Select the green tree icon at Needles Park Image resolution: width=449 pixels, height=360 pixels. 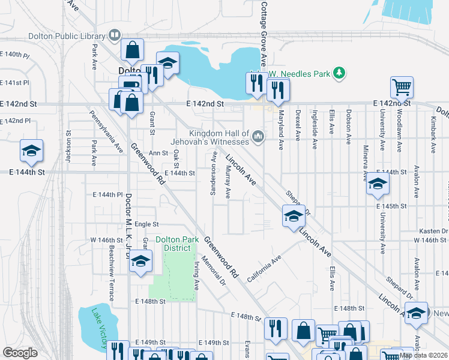click(x=340, y=73)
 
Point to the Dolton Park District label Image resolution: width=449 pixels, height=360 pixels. click(x=177, y=244)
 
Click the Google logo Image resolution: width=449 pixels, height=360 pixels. click(x=20, y=353)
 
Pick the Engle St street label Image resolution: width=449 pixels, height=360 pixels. click(x=146, y=224)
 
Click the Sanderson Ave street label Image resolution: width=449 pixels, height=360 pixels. click(x=214, y=173)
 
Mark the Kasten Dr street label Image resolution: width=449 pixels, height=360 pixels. click(x=436, y=230)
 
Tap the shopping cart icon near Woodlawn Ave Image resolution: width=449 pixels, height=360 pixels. click(x=402, y=86)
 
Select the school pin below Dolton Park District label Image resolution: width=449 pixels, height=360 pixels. click(x=140, y=262)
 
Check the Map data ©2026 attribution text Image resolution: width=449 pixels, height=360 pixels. click(x=424, y=355)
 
